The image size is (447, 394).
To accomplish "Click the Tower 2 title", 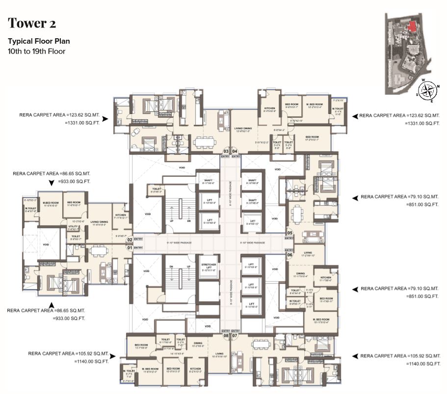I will pos(30,23).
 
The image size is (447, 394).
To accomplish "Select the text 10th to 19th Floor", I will pos(36,51).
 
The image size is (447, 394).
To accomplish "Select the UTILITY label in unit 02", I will pos(72,227).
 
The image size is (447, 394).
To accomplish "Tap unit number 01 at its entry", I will pos(130,248).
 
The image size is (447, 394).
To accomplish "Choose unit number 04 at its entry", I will pos(235,151).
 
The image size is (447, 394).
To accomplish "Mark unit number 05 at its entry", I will pos(289,233).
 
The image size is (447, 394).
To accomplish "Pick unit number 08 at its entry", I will pos(226,336).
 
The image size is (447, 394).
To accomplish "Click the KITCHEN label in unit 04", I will pos(270,108).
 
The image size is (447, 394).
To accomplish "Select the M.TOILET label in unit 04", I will pos(337,109).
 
